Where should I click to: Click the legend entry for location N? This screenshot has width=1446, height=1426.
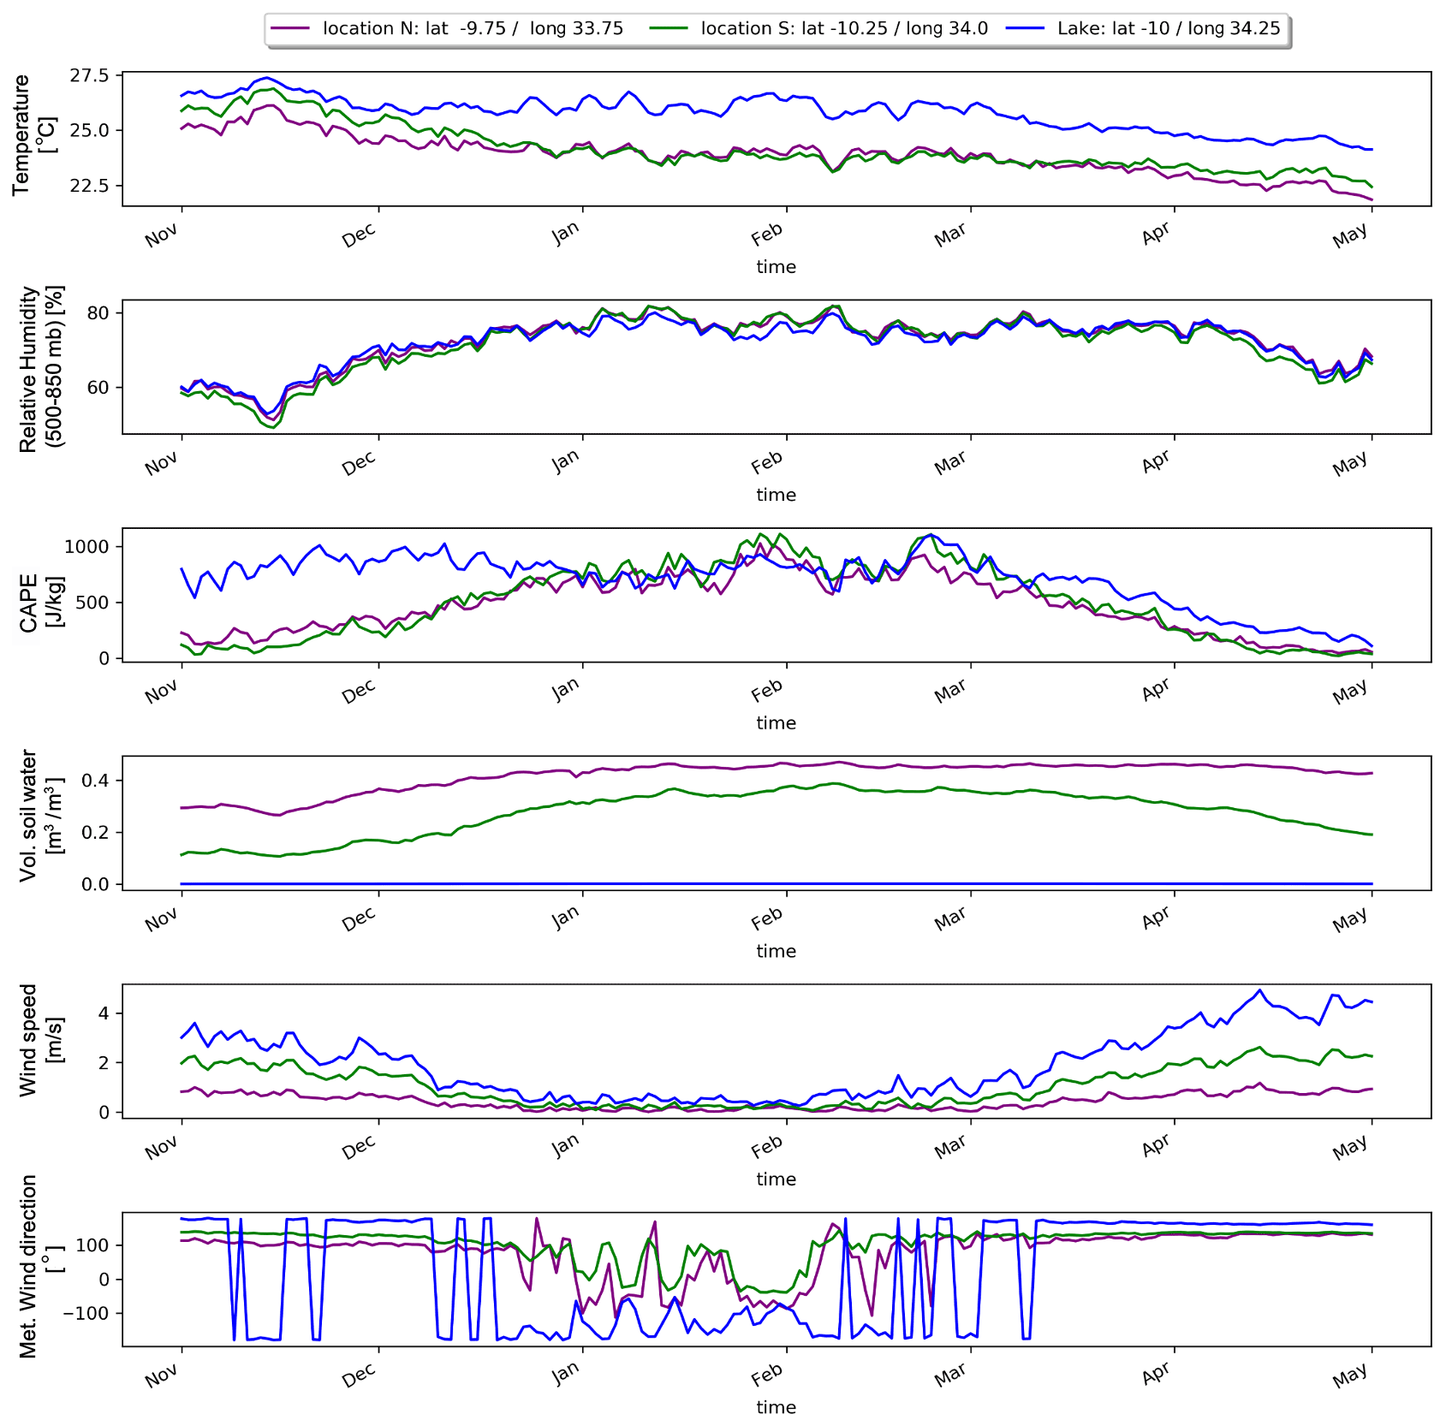pos(472,28)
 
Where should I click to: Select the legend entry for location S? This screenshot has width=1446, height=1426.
pos(843,28)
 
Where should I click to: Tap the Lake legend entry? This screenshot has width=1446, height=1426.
pos(1168,28)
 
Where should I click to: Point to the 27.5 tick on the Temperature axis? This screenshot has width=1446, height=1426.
pos(89,76)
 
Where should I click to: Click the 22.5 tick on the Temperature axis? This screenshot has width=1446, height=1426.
pos(89,186)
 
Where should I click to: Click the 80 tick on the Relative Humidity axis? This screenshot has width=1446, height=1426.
pos(98,313)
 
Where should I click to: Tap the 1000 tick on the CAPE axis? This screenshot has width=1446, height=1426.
pos(86,547)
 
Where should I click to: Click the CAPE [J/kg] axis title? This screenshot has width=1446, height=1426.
pos(41,603)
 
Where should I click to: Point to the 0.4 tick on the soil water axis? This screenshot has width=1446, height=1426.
pos(95,781)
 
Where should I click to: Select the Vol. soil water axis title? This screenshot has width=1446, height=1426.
pos(41,816)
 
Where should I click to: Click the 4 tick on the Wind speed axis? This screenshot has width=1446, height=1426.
pos(104,1013)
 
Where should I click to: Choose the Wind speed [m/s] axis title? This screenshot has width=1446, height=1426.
pos(41,1039)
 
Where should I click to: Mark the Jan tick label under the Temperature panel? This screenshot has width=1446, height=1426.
pos(566,232)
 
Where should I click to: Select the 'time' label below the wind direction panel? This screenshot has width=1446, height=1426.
pos(776,1407)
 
